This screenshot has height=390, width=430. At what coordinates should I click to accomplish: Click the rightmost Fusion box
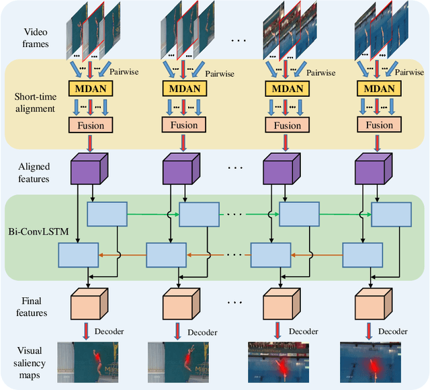pyautogui.click(x=379, y=125)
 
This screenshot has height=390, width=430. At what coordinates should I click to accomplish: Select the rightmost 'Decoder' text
pyautogui.click(x=392, y=331)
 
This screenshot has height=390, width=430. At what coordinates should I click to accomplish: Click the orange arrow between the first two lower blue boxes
pyautogui.click(x=122, y=255)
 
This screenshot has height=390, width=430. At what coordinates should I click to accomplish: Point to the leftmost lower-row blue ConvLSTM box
pyautogui.click(x=78, y=255)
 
